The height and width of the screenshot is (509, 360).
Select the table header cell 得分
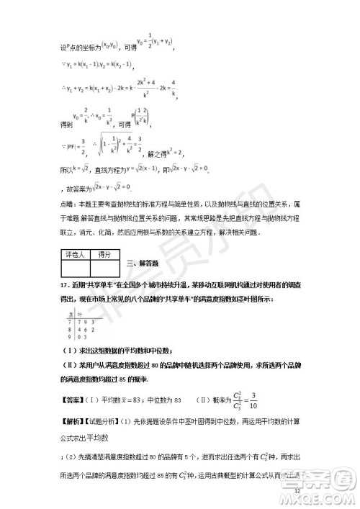tap(105, 254)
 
